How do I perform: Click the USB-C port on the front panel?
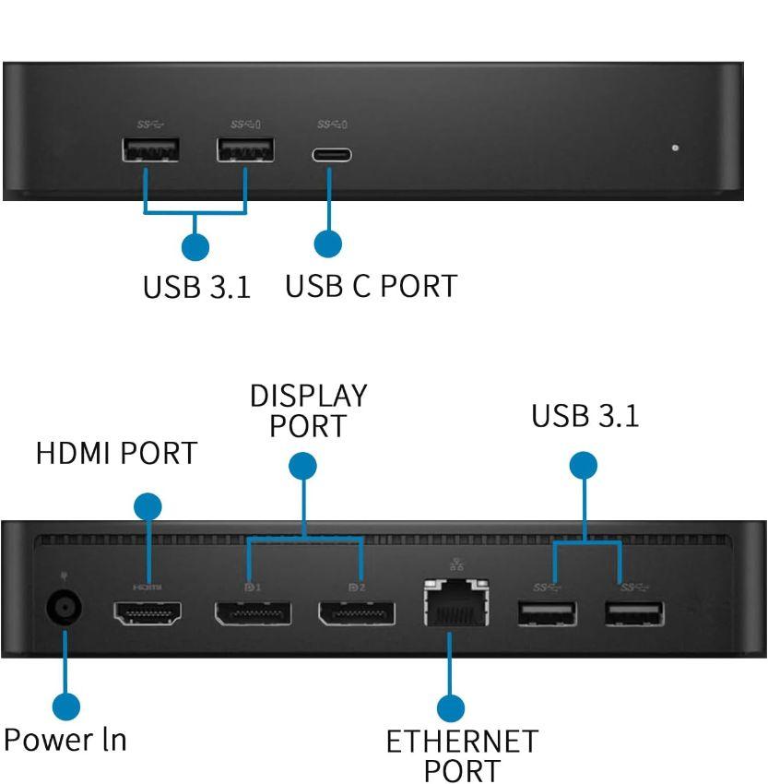point(331,154)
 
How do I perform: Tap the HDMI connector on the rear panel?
point(147,612)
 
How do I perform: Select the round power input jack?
point(64,608)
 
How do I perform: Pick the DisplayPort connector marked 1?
point(253,612)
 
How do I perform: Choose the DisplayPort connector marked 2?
point(357,612)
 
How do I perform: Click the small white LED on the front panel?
point(676,148)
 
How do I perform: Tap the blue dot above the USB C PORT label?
point(328,244)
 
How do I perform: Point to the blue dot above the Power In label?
point(65,707)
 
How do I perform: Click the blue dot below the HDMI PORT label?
point(148,506)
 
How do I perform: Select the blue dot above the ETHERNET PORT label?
point(450,707)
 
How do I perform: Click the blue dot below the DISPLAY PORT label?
point(303,467)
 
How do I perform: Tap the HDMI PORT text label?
point(116,454)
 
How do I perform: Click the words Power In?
point(65,740)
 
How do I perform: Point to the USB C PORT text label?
point(371,286)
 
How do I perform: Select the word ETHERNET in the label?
point(461,742)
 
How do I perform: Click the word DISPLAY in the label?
point(308,396)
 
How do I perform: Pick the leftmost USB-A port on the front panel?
point(151,148)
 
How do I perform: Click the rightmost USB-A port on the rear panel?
point(634,612)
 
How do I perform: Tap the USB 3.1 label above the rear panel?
point(585,416)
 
